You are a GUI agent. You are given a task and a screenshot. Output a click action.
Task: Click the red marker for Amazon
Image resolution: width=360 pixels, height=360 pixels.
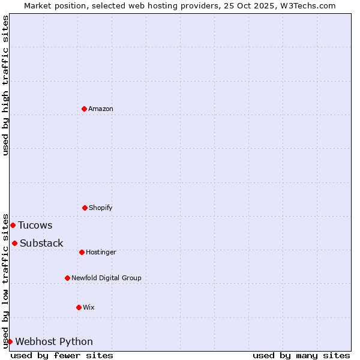tap(84, 109)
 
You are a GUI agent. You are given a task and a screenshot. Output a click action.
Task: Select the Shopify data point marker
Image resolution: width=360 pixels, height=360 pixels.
tap(85, 208)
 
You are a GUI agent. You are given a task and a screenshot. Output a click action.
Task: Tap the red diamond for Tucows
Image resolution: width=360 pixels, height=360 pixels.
tap(13, 225)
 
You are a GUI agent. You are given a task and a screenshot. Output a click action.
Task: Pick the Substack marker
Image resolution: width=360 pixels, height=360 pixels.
tap(14, 243)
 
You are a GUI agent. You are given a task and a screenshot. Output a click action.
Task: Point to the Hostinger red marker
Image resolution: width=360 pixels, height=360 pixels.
tap(82, 252)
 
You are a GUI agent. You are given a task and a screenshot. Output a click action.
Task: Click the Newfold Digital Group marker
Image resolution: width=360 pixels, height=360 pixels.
tap(67, 278)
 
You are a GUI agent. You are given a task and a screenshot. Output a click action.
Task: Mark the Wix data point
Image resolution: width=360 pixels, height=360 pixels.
tap(79, 307)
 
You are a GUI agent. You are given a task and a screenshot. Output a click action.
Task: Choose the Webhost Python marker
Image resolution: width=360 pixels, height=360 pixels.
tap(10, 341)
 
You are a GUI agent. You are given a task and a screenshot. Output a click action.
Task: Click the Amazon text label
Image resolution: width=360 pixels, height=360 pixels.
tap(101, 109)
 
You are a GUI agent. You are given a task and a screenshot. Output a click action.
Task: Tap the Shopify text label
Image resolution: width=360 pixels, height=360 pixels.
tap(101, 208)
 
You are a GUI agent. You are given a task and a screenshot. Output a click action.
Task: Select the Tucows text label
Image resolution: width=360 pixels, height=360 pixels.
tap(35, 226)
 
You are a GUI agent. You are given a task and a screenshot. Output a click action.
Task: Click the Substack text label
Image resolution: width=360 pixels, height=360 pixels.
tap(41, 244)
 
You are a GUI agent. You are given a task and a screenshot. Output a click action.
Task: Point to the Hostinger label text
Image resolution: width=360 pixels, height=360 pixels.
tap(101, 252)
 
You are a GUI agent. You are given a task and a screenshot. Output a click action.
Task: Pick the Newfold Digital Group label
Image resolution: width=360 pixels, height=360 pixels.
tap(106, 278)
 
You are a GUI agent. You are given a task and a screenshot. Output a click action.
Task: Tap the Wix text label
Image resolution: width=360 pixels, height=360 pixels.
tap(89, 307)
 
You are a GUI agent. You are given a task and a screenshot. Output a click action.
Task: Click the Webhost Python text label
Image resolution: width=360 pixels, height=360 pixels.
tap(54, 342)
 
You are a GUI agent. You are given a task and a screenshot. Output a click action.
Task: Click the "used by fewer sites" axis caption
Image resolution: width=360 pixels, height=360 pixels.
tap(62, 355)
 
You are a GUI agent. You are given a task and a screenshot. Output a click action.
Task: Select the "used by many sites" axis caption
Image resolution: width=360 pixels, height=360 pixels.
tap(301, 355)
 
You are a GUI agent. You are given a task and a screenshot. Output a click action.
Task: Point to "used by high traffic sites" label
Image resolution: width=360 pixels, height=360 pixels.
tap(6, 85)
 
